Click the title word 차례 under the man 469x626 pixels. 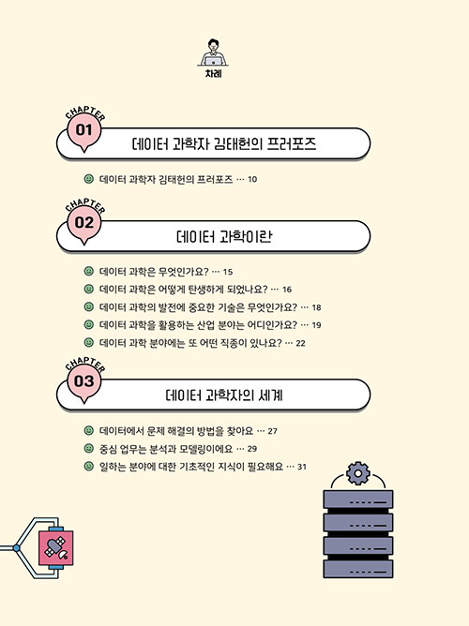click(x=213, y=74)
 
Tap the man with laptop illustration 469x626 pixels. click(x=213, y=52)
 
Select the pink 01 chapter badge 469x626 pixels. click(x=83, y=132)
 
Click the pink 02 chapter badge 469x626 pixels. click(x=83, y=224)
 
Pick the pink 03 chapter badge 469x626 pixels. click(x=83, y=382)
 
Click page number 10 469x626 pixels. click(x=252, y=179)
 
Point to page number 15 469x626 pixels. click(x=228, y=272)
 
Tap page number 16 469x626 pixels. click(x=287, y=290)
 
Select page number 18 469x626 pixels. click(x=316, y=307)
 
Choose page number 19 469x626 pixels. click(x=316, y=325)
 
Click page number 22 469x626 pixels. click(x=300, y=343)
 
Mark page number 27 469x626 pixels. click(x=272, y=431)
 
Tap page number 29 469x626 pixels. click(x=252, y=449)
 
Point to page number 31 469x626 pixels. click(x=302, y=467)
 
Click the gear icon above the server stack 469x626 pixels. click(x=358, y=473)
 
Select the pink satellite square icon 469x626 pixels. click(x=56, y=547)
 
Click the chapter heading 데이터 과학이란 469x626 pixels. click(x=224, y=236)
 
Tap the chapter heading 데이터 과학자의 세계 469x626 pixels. click(x=224, y=395)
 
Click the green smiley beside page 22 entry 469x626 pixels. click(x=89, y=343)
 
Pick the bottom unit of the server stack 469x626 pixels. click(x=358, y=569)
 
